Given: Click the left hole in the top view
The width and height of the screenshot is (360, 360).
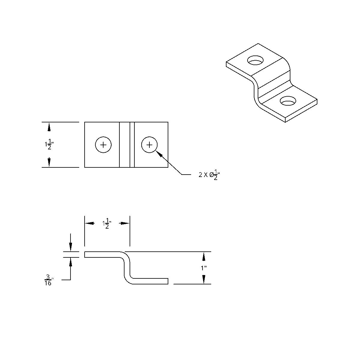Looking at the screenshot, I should (103, 145).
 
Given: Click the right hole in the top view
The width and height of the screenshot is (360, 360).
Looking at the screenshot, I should (149, 145).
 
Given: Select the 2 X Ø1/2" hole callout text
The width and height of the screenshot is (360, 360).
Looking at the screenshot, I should (209, 175).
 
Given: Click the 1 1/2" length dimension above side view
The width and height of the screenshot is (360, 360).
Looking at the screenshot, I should (107, 223).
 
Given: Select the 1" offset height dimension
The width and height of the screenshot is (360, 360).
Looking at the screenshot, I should (204, 268).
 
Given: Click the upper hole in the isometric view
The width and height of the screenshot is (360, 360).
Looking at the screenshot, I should (256, 60).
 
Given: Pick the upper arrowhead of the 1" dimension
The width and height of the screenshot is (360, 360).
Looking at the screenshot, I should (204, 256).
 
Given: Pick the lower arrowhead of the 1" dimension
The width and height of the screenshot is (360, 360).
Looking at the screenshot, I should (204, 279).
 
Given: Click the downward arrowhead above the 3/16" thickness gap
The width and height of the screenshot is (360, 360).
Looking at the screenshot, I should (70, 247).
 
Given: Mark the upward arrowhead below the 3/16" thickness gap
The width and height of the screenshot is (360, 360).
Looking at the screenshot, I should (70, 262).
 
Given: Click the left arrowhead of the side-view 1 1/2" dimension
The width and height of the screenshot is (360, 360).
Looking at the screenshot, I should (89, 223).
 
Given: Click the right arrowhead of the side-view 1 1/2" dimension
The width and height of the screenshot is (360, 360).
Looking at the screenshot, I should (125, 223).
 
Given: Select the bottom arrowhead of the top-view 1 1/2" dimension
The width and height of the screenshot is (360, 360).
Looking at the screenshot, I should (49, 163).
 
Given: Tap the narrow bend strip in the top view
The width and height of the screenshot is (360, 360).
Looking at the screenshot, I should (132, 145).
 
